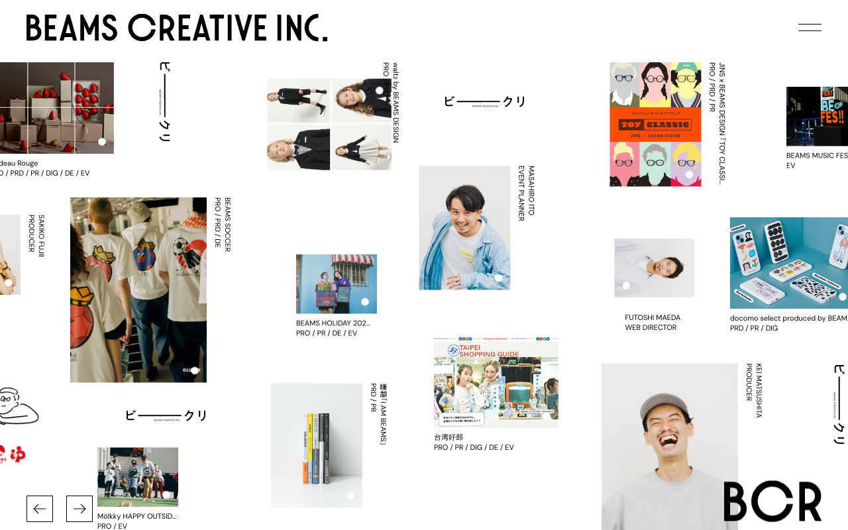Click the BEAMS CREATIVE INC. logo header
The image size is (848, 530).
coord(177,28)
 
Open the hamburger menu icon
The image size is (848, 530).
coord(810,28)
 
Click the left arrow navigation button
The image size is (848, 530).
coord(40,509)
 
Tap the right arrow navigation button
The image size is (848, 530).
coord(79,509)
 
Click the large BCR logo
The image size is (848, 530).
coord(772,501)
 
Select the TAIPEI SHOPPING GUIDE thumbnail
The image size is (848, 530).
coord(496,382)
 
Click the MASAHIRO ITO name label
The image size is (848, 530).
coord(531,191)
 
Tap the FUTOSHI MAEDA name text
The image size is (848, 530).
coord(653,317)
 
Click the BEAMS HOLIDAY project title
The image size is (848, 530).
coord(333,323)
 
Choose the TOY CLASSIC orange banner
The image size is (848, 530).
coord(655,125)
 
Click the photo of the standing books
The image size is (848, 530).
coord(316,445)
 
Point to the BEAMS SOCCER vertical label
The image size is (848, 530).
coord(227,225)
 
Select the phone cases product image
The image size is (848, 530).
coord(788,262)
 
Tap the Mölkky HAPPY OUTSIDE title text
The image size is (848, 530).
coord(136,516)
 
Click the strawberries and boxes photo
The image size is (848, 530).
coord(56,107)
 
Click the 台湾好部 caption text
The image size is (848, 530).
coord(449,437)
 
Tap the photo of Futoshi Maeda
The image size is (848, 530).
coord(654,268)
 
